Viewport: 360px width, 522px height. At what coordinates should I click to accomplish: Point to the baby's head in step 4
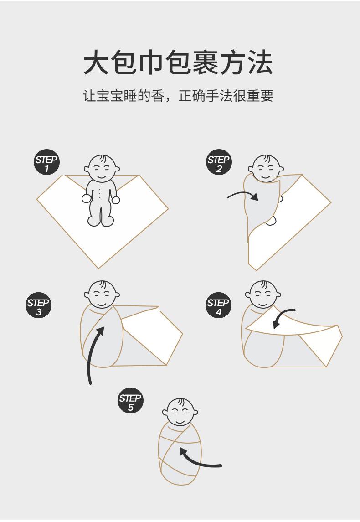pos(263,295)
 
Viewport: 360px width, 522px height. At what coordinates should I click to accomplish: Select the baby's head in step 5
pos(180,412)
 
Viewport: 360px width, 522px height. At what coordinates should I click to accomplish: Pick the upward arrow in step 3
pos(94,351)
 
